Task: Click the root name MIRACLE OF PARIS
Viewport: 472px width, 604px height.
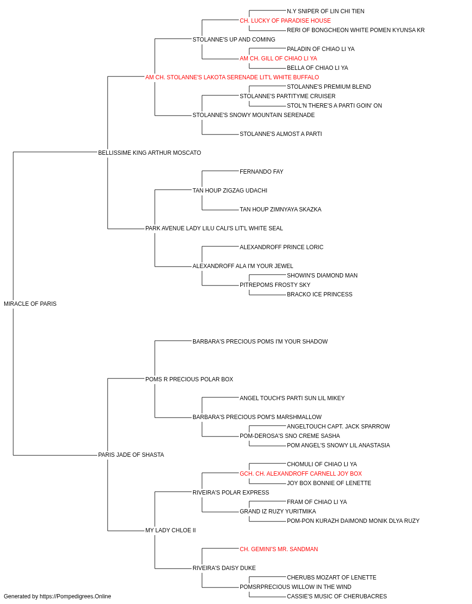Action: pyautogui.click(x=30, y=304)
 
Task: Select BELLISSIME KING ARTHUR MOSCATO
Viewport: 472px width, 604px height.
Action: pyautogui.click(x=150, y=153)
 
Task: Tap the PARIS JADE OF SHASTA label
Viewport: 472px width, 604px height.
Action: pyautogui.click(x=131, y=455)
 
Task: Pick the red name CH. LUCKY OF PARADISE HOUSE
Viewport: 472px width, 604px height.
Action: pyautogui.click(x=285, y=21)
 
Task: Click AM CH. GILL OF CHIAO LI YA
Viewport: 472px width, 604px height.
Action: pyautogui.click(x=278, y=59)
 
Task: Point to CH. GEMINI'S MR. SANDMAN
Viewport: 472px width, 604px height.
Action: pyautogui.click(x=279, y=549)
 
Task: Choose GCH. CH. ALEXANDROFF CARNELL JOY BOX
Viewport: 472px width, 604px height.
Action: pyautogui.click(x=301, y=474)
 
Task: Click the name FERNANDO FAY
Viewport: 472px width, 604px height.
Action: pyautogui.click(x=261, y=172)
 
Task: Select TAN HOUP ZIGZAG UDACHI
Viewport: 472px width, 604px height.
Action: pyautogui.click(x=230, y=191)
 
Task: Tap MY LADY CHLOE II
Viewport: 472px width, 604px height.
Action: pyautogui.click(x=170, y=530)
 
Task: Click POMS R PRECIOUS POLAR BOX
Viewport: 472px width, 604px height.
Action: pyautogui.click(x=189, y=379)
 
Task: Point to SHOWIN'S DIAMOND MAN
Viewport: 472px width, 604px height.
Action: pyautogui.click(x=322, y=276)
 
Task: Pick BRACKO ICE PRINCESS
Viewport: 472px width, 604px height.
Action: pyautogui.click(x=320, y=294)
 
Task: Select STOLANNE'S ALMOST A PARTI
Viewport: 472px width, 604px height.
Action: pyautogui.click(x=281, y=134)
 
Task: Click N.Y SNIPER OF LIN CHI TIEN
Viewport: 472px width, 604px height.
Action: pyautogui.click(x=326, y=11)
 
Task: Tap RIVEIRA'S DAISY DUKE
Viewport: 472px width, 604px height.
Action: pyautogui.click(x=224, y=568)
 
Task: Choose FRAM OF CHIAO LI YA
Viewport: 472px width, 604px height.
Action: pyautogui.click(x=317, y=502)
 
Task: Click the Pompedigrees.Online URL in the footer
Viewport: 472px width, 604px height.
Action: pyautogui.click(x=75, y=596)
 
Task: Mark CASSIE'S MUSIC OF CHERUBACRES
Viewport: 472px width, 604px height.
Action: pyautogui.click(x=337, y=596)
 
